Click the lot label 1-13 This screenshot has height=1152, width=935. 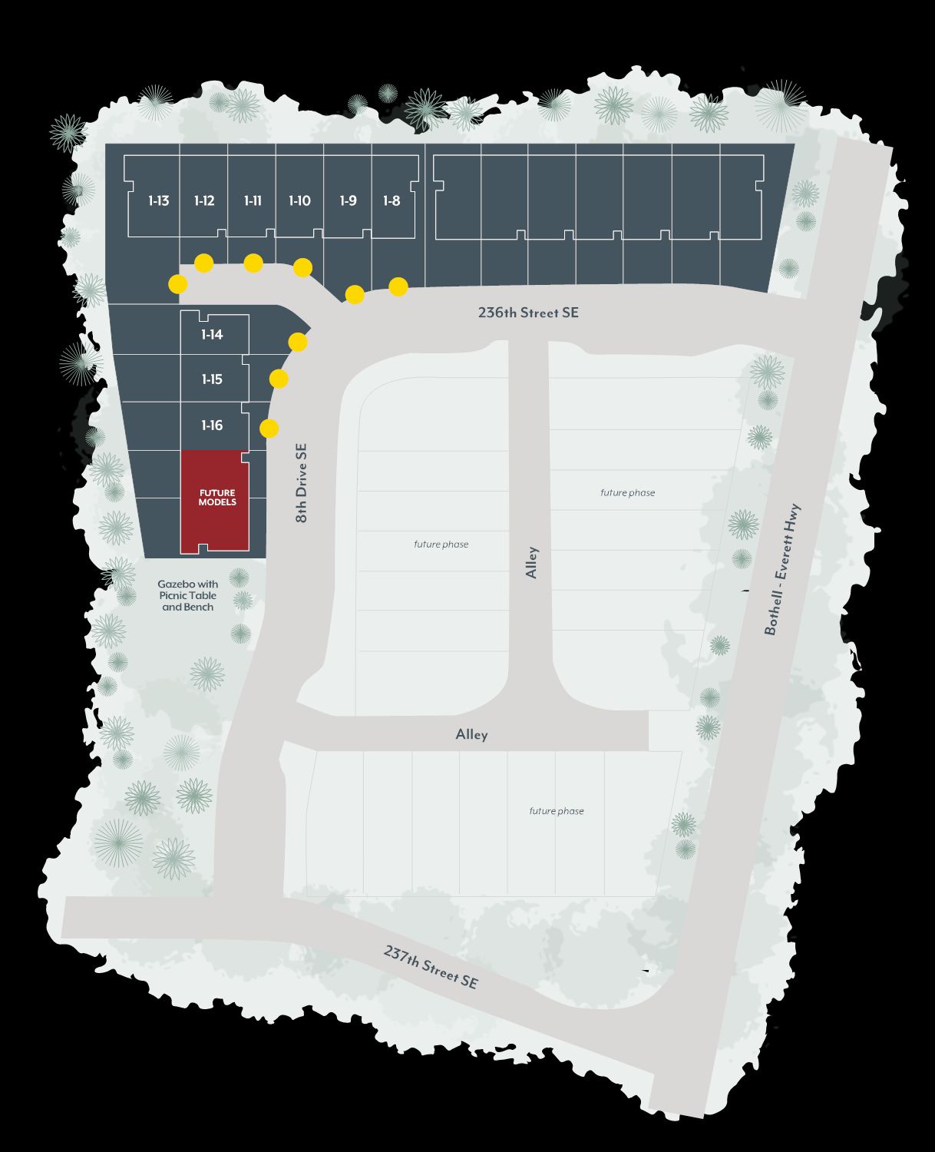(158, 201)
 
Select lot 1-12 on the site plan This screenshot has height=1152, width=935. (204, 201)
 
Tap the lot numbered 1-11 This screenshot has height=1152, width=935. (253, 201)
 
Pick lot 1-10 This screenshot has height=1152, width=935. (299, 201)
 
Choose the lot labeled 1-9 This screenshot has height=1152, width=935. (348, 201)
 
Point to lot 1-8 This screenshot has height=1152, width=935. (392, 201)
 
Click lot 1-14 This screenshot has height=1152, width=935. (212, 335)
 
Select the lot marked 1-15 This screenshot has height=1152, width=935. (212, 379)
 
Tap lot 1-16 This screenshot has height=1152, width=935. (212, 425)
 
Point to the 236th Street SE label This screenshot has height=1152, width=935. (528, 313)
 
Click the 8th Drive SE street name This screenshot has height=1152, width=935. (302, 483)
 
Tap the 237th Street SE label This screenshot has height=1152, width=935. (431, 966)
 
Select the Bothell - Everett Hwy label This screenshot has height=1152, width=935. (782, 569)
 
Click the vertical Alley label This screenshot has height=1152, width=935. (532, 562)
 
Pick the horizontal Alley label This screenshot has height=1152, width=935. (471, 735)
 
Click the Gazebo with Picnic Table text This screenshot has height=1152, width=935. (188, 595)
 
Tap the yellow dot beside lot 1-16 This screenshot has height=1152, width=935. (269, 429)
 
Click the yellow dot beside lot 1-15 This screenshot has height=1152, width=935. (279, 379)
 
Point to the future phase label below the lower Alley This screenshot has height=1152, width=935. (557, 811)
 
